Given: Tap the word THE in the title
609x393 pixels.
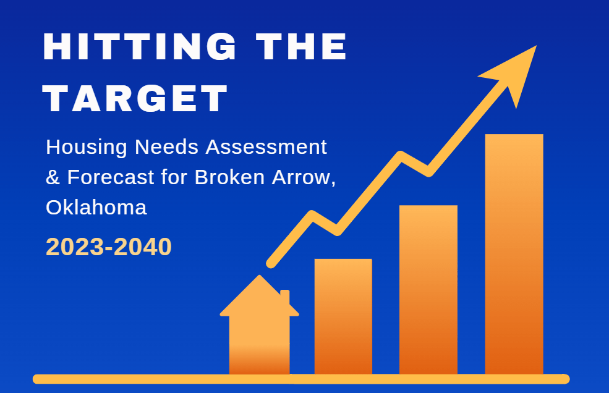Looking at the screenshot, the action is [x=301, y=46].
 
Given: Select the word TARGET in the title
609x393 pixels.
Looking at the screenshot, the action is [x=135, y=98].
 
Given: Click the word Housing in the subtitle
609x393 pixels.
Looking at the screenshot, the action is [x=86, y=147].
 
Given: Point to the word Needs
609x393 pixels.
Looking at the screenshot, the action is [x=166, y=147].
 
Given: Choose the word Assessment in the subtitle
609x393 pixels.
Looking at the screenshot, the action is [x=266, y=147].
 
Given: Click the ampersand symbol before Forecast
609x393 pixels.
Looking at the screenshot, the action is [x=53, y=177].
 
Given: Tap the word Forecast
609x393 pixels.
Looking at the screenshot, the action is [x=111, y=177].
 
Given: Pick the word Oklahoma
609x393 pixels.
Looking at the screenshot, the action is [x=96, y=208].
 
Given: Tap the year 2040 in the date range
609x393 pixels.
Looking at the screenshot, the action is [x=143, y=247].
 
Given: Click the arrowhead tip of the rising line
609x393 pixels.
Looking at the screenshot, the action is [x=537, y=46].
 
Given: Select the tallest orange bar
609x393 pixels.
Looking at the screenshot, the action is [x=514, y=254].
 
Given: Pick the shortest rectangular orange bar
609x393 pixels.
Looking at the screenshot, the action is [x=343, y=316].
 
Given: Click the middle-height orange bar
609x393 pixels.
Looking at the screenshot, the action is [x=428, y=290].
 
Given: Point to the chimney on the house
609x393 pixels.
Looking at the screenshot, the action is [x=285, y=297].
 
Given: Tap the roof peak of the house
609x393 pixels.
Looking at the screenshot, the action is [x=260, y=276].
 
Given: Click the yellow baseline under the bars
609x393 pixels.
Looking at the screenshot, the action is [x=301, y=379].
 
